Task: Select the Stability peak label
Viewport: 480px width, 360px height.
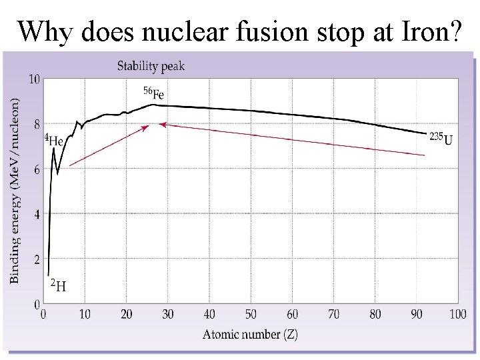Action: [x=151, y=66]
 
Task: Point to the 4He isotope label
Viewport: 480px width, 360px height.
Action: [x=55, y=141]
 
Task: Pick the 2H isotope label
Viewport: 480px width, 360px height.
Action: [x=58, y=285]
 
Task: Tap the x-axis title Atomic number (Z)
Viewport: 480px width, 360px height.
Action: [x=250, y=335]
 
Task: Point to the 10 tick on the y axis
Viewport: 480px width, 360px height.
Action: [x=34, y=79]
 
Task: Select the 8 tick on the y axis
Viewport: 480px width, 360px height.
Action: [x=37, y=124]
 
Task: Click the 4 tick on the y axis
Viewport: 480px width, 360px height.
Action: [x=37, y=214]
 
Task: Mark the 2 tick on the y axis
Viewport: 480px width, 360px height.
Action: [x=37, y=259]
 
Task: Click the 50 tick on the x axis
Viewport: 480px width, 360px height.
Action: [x=251, y=314]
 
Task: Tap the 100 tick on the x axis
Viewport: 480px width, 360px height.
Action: [x=457, y=314]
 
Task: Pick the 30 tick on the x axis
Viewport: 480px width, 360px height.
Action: [x=168, y=314]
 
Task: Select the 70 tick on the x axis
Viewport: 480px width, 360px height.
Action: [x=333, y=314]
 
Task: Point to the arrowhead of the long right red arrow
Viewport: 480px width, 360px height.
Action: [x=161, y=124]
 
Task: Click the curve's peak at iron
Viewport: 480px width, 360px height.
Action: [x=153, y=104]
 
